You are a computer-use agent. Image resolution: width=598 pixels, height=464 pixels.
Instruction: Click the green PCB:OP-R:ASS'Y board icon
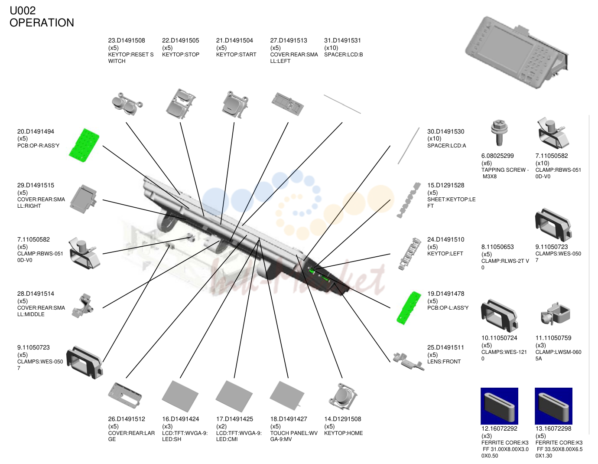click(x=84, y=145)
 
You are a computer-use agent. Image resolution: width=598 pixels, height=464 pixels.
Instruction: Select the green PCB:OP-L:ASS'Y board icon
click(x=409, y=308)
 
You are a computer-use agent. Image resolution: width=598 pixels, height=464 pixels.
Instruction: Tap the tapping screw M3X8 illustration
click(x=499, y=132)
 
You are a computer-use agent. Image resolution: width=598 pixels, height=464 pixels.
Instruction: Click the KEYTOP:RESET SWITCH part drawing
click(x=127, y=104)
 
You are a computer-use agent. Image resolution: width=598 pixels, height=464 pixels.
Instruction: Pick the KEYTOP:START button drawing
click(x=235, y=105)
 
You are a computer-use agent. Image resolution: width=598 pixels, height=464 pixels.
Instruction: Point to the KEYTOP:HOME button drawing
click(x=343, y=396)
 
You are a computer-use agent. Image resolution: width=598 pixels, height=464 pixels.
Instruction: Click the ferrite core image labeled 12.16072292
click(x=499, y=406)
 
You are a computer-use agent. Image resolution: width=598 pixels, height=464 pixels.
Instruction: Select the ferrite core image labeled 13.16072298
click(x=553, y=406)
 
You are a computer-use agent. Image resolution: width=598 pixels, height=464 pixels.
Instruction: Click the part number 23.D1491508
click(x=126, y=40)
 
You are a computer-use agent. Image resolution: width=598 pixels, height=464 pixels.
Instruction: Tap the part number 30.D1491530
click(x=445, y=132)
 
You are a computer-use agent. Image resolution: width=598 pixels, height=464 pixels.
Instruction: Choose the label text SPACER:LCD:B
click(x=343, y=55)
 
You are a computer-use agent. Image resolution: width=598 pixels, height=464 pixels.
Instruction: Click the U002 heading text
click(x=23, y=11)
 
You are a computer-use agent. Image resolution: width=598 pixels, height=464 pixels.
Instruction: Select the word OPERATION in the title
click(x=42, y=23)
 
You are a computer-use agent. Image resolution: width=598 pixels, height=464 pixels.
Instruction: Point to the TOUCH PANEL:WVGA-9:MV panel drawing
click(x=287, y=395)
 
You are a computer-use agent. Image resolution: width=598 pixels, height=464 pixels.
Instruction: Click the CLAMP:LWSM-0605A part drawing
click(x=555, y=314)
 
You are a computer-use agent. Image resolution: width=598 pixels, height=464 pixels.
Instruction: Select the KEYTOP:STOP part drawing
click(x=181, y=104)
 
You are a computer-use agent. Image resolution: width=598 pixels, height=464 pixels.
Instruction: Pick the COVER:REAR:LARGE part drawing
click(x=125, y=395)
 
